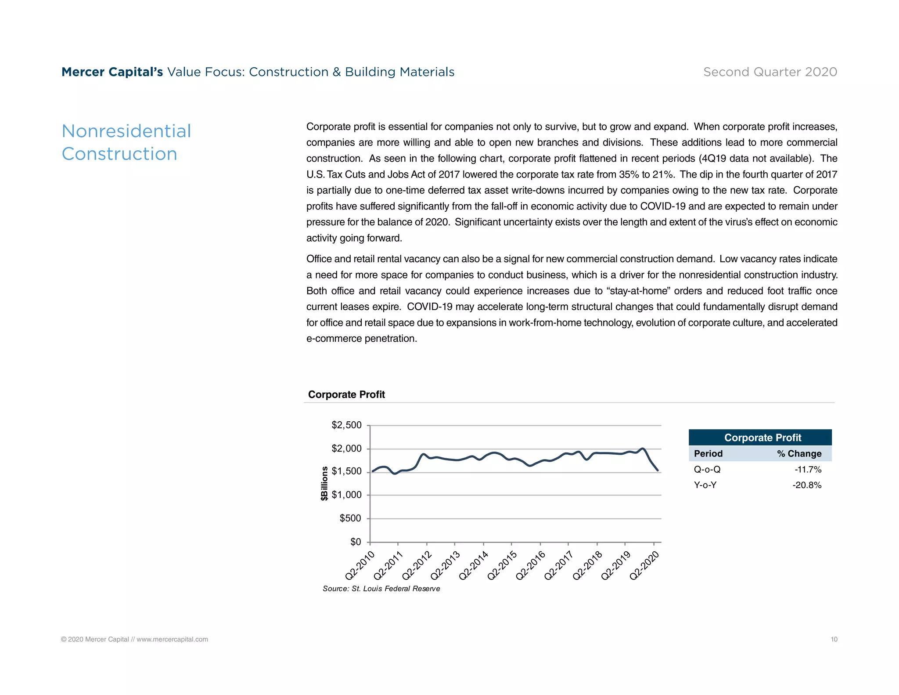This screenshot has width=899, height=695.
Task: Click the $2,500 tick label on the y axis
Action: click(x=346, y=425)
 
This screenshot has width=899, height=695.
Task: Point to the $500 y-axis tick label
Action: click(x=350, y=518)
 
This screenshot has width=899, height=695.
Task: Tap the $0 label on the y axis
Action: click(x=356, y=542)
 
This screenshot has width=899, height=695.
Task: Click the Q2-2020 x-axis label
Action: click(x=644, y=566)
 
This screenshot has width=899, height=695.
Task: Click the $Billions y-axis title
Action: click(x=324, y=483)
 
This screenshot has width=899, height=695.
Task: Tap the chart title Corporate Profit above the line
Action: click(x=346, y=395)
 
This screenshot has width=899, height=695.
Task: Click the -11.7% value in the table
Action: click(x=808, y=470)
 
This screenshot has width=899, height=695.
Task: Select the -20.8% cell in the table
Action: click(x=807, y=485)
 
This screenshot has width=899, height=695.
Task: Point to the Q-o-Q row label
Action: click(x=707, y=470)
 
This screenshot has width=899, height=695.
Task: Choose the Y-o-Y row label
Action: click(x=705, y=485)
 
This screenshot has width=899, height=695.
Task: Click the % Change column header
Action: click(x=799, y=454)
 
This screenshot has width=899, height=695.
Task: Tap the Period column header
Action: click(x=708, y=454)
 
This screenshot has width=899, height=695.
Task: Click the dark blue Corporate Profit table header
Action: click(x=762, y=438)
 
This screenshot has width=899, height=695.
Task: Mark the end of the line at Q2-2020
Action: click(x=657, y=470)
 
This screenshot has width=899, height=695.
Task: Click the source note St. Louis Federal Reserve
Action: click(x=381, y=589)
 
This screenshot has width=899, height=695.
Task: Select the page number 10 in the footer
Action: click(x=834, y=640)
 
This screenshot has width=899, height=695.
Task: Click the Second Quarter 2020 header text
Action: click(x=770, y=72)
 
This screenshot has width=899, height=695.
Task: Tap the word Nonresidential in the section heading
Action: click(x=126, y=131)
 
